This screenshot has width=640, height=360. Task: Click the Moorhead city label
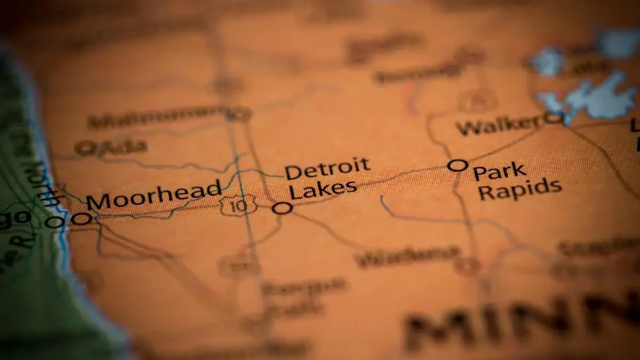point(154,195)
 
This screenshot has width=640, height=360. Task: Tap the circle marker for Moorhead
point(81,218)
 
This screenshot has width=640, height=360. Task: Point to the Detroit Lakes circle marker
point(282,208)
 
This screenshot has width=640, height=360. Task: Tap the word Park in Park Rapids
point(500,172)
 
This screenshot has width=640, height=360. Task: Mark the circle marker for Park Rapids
point(458,165)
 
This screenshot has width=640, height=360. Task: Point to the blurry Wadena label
point(407,256)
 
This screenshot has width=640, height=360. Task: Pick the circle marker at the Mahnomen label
point(238,114)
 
